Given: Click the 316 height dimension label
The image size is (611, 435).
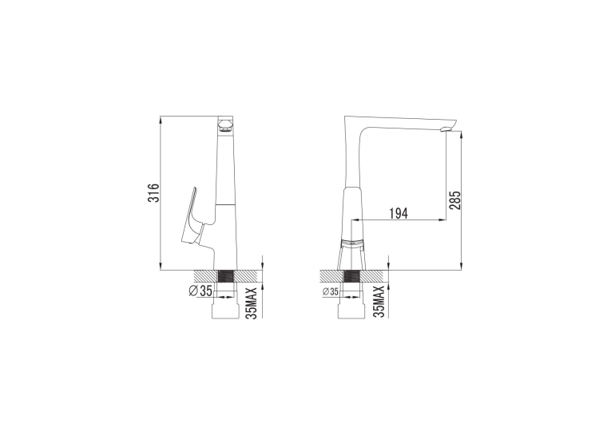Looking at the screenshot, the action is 155,192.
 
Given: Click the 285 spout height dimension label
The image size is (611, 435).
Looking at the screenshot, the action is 454,200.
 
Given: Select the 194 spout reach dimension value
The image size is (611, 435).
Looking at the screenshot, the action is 399,213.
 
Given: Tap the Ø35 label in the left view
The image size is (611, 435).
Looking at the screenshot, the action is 200,291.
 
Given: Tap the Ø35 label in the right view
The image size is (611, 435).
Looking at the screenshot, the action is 331,291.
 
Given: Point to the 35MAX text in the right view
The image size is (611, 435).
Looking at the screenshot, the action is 379,302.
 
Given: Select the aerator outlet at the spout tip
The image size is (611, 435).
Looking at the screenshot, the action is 446,129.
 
